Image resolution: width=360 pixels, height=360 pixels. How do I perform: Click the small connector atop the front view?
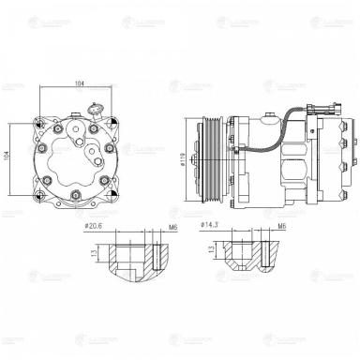(94, 107)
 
